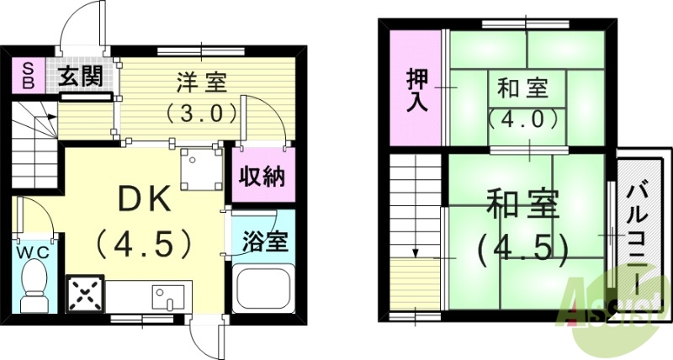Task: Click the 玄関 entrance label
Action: tap(81, 78)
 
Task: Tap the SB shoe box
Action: tap(28, 77)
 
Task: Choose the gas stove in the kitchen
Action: tap(84, 295)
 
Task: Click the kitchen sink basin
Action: tap(167, 297)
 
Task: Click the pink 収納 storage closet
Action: tap(263, 177)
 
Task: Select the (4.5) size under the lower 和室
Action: tap(522, 246)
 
